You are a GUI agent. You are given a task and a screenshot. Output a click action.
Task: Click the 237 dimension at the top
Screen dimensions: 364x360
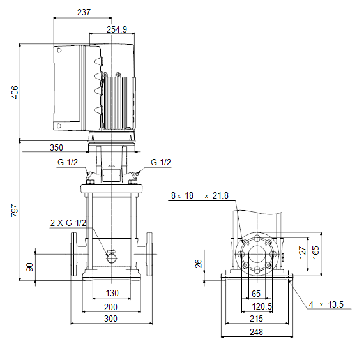pyautogui.click(x=84, y=12)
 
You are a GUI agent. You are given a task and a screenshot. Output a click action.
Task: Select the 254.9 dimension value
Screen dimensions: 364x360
pyautogui.click(x=117, y=29)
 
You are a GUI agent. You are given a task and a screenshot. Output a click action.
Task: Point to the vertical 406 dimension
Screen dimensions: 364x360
pyautogui.click(x=15, y=92)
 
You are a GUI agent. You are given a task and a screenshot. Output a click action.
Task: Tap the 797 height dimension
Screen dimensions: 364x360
pyautogui.click(x=15, y=211)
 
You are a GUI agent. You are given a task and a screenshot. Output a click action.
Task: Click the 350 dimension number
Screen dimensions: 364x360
pyautogui.click(x=56, y=147)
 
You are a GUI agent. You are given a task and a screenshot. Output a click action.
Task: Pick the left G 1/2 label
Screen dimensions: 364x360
pyautogui.click(x=68, y=162)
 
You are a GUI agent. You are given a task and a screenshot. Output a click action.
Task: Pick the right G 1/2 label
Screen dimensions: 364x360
pyautogui.click(x=161, y=162)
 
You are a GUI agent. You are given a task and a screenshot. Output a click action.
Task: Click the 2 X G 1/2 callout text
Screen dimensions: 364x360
pyautogui.click(x=68, y=223)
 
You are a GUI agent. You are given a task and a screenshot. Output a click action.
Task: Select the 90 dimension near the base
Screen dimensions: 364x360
pyautogui.click(x=30, y=267)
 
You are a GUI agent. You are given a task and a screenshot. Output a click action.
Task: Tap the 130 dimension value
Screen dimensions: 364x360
pyautogui.click(x=112, y=293)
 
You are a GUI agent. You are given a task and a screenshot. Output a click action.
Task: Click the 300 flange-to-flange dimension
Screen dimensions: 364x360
pyautogui.click(x=110, y=319)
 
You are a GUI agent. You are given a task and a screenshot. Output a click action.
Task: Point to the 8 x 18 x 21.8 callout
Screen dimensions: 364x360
pyautogui.click(x=200, y=195)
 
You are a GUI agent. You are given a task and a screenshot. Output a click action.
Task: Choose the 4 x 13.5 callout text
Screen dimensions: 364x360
pyautogui.click(x=326, y=304)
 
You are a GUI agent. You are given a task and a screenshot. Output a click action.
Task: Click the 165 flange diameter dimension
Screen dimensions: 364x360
pyautogui.click(x=315, y=252)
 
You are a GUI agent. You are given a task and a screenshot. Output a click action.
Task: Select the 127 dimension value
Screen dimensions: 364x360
pyautogui.click(x=302, y=253)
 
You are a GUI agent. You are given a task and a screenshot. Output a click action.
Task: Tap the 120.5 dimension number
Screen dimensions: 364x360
pyautogui.click(x=262, y=306)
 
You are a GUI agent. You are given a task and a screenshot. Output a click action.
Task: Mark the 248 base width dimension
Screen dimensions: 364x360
pyautogui.click(x=256, y=332)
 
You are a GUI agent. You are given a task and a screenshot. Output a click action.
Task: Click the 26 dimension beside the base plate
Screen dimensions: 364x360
pyautogui.click(x=199, y=264)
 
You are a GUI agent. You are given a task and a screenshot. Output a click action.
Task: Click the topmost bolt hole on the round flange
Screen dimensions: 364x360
pyautogui.click(x=257, y=238)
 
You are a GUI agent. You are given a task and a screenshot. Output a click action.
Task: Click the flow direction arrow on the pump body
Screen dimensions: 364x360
pyautogui.click(x=111, y=252)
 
